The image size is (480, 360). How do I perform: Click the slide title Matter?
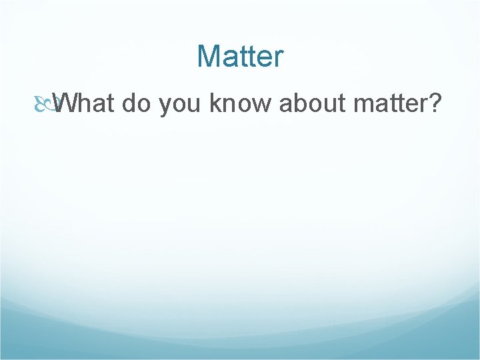click(240, 57)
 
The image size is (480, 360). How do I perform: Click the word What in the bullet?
click(85, 104)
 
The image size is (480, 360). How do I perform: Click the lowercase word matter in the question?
click(386, 105)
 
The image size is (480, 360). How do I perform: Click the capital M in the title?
click(209, 57)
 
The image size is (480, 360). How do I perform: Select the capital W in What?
click(67, 104)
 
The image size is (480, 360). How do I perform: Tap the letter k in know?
click(215, 104)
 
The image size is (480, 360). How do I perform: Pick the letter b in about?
click(300, 104)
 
